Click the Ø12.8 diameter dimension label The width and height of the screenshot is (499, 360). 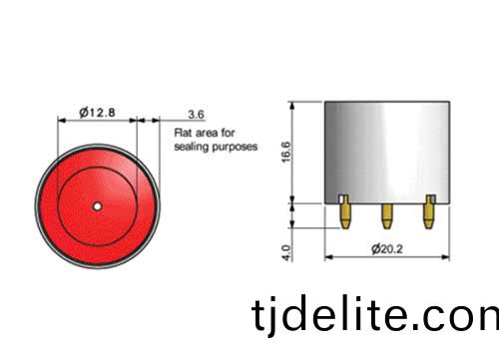point(98,113)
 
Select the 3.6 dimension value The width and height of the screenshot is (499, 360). point(196,115)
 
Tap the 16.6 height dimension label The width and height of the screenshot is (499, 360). point(286,152)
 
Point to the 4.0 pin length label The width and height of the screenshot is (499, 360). point(286,252)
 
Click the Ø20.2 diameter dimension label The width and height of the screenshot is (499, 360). point(387,248)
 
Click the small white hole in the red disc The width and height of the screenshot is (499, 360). point(97,206)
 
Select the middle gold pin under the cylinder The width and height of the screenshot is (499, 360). point(386,216)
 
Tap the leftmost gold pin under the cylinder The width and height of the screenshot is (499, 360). point(344,212)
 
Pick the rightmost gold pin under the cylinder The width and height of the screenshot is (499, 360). point(429,212)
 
